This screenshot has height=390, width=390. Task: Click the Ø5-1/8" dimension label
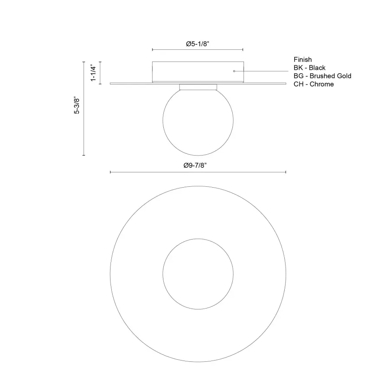coord(198,44)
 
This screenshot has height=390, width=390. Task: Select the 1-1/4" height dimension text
coord(92,73)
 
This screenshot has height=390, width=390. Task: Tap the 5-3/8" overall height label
coord(77,105)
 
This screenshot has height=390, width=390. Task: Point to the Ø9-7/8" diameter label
coord(198,165)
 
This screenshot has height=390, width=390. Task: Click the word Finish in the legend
coord(302,59)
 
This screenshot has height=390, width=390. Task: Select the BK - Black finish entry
coord(309,68)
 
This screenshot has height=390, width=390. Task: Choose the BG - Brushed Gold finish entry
coord(322,76)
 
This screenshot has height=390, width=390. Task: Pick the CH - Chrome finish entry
coord(314,84)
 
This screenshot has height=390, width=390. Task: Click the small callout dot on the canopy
coord(234,71)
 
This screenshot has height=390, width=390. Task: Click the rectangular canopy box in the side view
coord(198,71)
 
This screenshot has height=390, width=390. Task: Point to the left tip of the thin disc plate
coord(111,83)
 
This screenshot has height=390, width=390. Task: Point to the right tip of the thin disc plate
coord(285,83)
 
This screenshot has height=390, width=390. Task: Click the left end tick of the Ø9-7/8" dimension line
coord(110,172)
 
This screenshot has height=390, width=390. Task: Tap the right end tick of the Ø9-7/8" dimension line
coord(286,172)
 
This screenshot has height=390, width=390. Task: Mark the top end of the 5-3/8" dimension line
coord(84,62)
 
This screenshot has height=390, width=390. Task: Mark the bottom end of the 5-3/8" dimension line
coord(84,155)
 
